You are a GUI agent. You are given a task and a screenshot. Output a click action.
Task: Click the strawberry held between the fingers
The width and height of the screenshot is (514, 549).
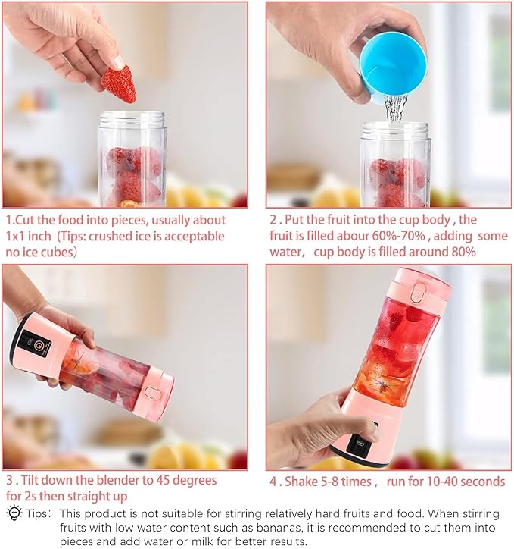(119, 85)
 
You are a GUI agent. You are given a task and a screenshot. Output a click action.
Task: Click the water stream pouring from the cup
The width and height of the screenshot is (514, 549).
(396, 108)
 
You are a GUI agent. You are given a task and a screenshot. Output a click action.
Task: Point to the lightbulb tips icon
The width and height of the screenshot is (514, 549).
(14, 513)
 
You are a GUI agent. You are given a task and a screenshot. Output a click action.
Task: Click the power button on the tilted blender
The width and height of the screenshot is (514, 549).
(39, 347)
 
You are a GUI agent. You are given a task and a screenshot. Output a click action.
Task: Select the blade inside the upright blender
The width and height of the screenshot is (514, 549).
(382, 386)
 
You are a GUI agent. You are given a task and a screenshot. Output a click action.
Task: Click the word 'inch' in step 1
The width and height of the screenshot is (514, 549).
(39, 236)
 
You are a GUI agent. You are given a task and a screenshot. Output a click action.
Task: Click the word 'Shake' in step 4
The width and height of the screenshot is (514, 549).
(301, 482)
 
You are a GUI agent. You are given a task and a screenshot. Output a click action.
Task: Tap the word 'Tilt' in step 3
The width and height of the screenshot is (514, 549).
(30, 480)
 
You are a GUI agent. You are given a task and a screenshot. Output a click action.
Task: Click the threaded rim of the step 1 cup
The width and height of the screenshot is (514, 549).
(132, 119)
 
